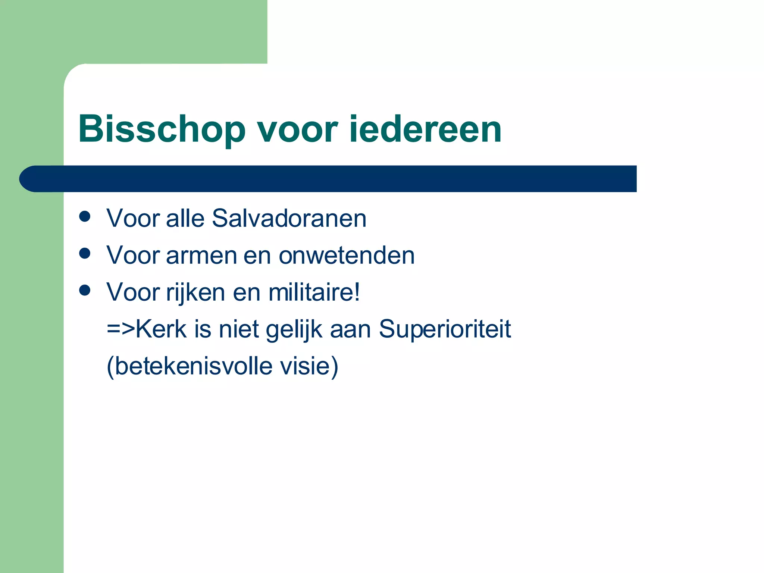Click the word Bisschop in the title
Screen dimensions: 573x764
pyautogui.click(x=162, y=129)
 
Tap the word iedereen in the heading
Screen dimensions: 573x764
pyautogui.click(x=425, y=129)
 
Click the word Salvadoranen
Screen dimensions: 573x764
pyautogui.click(x=289, y=218)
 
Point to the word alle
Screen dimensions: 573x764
pyautogui.click(x=185, y=218)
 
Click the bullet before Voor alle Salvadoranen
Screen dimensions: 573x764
pyautogui.click(x=85, y=217)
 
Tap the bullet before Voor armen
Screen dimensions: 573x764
pyautogui.click(x=85, y=254)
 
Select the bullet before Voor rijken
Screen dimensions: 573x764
pyautogui.click(x=85, y=290)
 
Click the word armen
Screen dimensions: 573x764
pyautogui.click(x=201, y=256)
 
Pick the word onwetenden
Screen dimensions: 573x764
pyautogui.click(x=347, y=256)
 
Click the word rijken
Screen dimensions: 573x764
pyautogui.click(x=195, y=293)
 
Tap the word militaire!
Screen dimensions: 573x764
pyautogui.click(x=314, y=292)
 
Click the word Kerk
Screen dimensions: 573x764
pyautogui.click(x=161, y=329)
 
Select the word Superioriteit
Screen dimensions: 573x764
pyautogui.click(x=445, y=329)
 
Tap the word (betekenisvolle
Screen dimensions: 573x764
pyautogui.click(x=190, y=366)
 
